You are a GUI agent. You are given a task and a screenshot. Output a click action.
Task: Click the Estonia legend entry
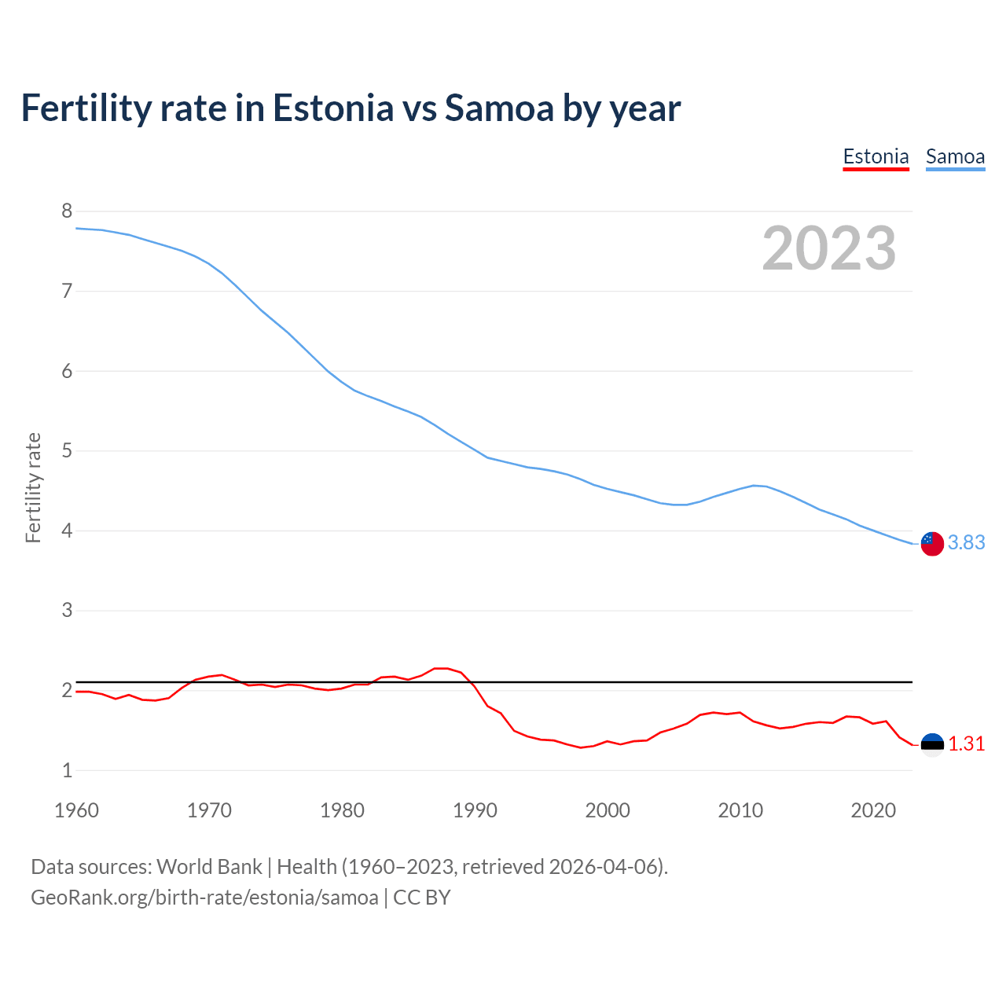876,156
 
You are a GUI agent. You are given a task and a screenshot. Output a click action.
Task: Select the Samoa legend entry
955,156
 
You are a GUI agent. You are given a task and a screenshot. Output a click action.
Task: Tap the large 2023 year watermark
829,248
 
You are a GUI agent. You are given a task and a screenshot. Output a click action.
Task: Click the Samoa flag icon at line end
932,543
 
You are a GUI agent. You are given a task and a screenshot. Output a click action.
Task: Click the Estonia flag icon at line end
932,744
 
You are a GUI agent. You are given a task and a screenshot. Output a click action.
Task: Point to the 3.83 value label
966,543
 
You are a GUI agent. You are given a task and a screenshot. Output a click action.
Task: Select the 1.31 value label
966,743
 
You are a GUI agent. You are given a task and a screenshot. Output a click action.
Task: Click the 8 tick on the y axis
67,211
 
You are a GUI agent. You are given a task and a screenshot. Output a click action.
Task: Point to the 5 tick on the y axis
67,451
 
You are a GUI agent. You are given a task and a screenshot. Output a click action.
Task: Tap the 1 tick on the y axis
67,770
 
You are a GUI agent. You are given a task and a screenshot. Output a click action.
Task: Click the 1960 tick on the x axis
76,810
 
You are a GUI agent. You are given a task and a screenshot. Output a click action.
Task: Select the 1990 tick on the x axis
475,810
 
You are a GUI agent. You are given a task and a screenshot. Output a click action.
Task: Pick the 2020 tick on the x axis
873,810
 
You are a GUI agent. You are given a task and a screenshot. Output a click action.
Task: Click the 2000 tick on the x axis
608,810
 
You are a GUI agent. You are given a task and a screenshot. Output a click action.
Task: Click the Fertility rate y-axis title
33,487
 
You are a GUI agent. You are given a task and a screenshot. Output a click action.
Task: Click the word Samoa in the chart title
499,108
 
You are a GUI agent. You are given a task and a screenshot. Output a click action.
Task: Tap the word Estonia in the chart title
332,108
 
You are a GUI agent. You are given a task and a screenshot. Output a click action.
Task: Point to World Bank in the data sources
209,866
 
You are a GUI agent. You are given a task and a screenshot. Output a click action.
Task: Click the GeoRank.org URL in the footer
204,898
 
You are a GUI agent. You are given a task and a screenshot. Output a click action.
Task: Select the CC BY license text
422,898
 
